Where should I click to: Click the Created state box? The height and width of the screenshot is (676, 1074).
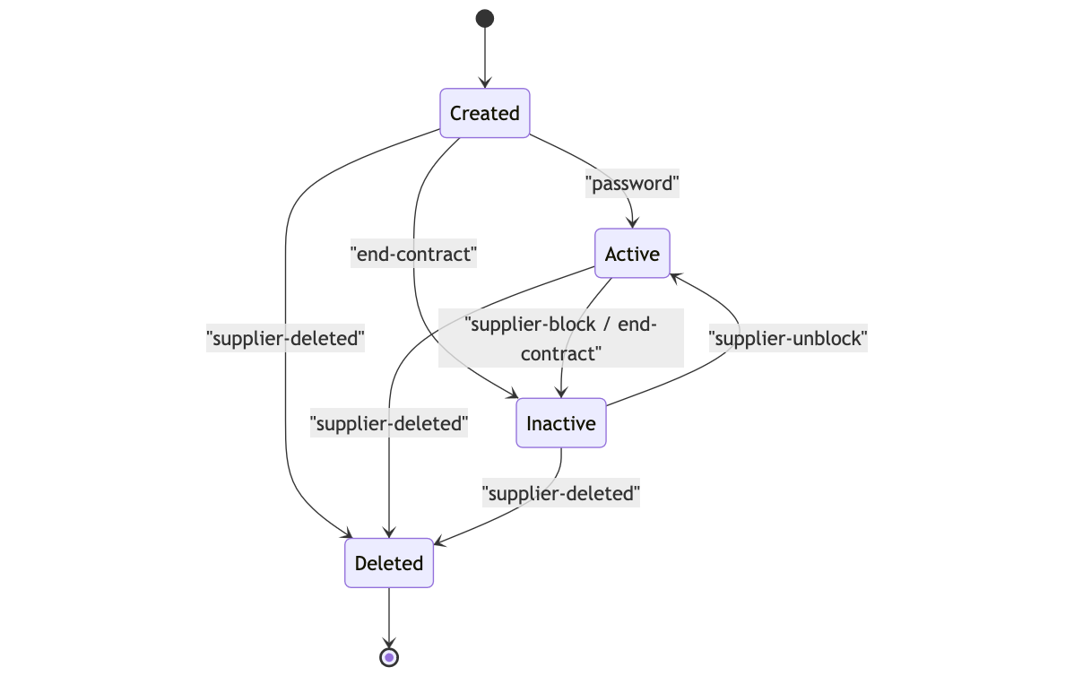point(484,113)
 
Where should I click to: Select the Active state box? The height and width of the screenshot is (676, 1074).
point(632,254)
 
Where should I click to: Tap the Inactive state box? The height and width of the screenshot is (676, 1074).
point(561,423)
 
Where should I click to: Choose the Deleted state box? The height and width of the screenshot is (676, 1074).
point(389,563)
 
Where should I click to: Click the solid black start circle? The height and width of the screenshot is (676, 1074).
point(485,18)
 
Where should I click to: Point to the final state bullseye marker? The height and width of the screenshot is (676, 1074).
point(389,657)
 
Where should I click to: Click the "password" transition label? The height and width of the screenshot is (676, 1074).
point(633,184)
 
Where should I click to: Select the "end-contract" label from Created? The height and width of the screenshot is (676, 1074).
point(413,255)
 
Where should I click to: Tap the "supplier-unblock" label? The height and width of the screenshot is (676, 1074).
point(788,339)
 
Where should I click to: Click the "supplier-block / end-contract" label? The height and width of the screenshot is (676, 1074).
point(560,338)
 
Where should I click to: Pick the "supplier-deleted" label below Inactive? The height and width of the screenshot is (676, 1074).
point(561,493)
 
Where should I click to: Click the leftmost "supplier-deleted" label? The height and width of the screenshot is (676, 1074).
point(285,339)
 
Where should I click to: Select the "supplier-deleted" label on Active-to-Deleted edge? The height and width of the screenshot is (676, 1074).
point(389,423)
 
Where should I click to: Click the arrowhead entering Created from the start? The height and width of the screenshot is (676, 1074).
point(485,83)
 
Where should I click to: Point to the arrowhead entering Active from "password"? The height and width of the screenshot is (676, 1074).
point(633,223)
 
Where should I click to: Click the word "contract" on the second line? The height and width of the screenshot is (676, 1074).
point(559,354)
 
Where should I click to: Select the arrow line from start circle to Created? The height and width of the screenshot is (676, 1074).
point(485,54)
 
